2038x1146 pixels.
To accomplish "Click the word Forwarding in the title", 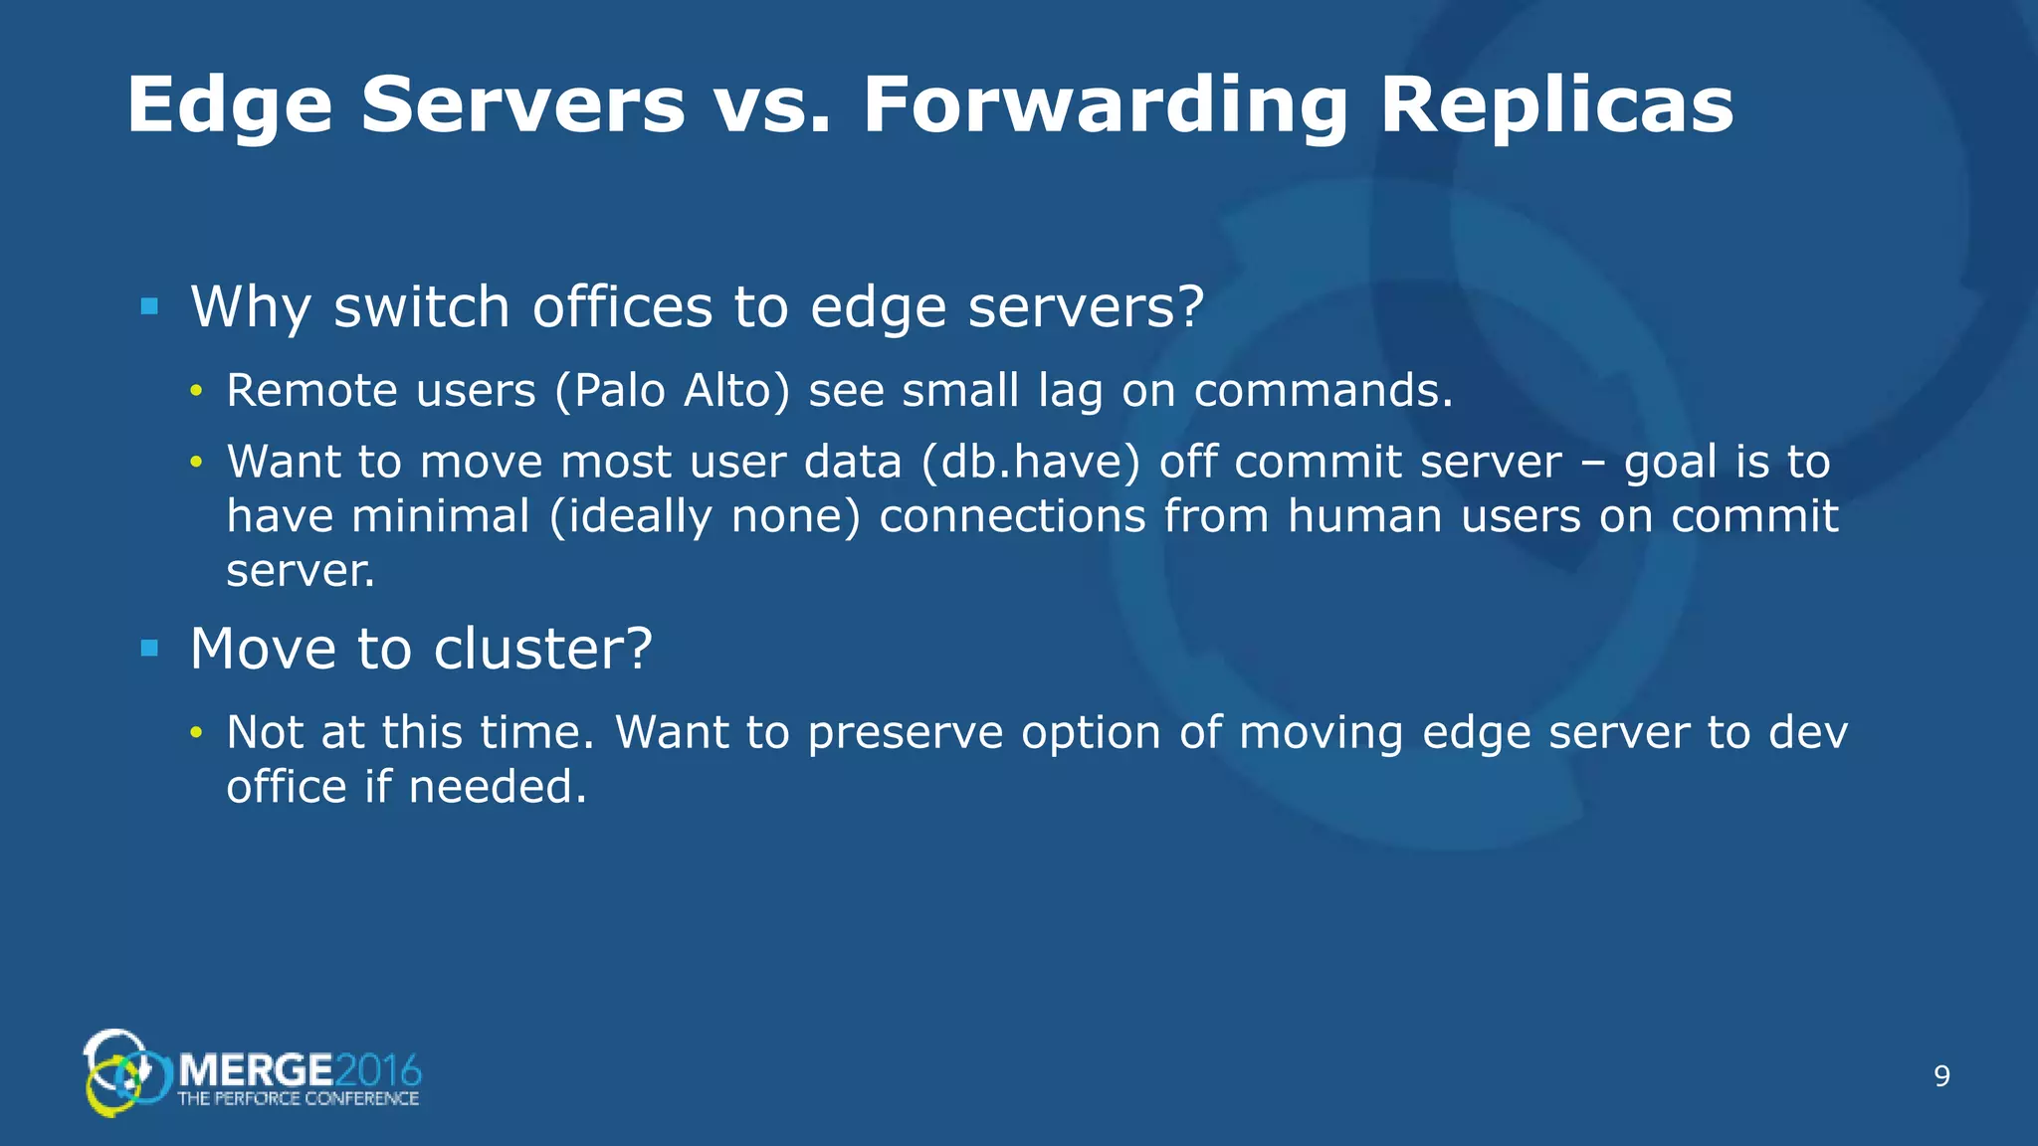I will pyautogui.click(x=1105, y=107).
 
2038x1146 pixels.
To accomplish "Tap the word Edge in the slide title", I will pyautogui.click(x=229, y=107).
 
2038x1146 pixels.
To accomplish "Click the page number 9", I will pyautogui.click(x=1941, y=1076).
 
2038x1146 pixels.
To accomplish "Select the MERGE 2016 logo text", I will pyautogui.click(x=299, y=1070).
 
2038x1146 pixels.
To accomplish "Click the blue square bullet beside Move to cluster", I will pyautogui.click(x=150, y=649).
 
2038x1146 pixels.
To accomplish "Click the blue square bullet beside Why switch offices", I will pyautogui.click(x=150, y=306).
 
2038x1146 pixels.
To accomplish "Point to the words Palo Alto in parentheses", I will pyautogui.click(x=673, y=390).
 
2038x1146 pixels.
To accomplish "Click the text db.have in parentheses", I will pyautogui.click(x=1030, y=463).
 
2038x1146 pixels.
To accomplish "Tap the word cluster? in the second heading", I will pyautogui.click(x=543, y=649).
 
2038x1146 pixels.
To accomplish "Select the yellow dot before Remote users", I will pyautogui.click(x=197, y=391).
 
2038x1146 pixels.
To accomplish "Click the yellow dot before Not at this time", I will pyautogui.click(x=197, y=733).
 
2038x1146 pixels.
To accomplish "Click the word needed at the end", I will pyautogui.click(x=497, y=787).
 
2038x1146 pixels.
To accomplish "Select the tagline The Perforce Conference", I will pyautogui.click(x=298, y=1098).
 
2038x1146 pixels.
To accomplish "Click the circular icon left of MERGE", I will pyautogui.click(x=124, y=1072).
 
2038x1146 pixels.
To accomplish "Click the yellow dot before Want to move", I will pyautogui.click(x=197, y=463).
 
